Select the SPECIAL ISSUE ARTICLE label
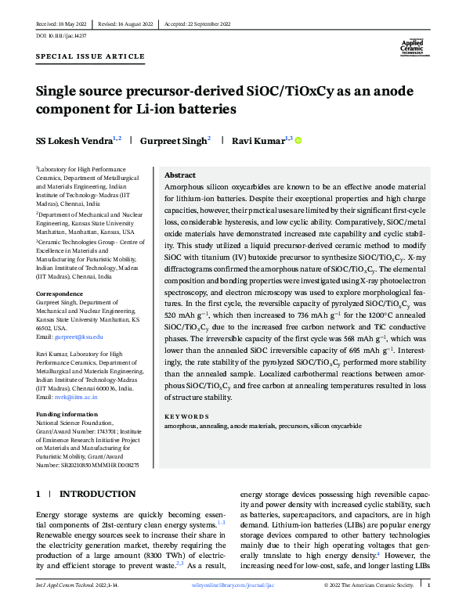coord(91,57)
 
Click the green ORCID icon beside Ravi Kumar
coord(298,141)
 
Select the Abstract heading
coord(180,177)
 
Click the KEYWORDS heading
coord(186,417)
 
